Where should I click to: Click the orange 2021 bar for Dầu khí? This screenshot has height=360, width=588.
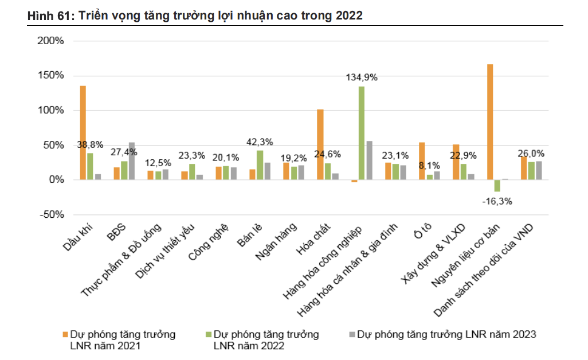pos(83,132)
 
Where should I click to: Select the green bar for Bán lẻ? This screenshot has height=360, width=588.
pos(260,165)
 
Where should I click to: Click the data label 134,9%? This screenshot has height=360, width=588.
pos(361,77)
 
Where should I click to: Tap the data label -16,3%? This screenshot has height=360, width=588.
pos(496,201)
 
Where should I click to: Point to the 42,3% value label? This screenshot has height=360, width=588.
pos(259,142)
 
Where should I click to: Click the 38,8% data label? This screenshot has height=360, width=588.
pos(89,145)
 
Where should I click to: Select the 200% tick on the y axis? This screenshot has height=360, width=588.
pos(50,41)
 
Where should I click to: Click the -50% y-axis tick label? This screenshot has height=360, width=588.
pos(51,215)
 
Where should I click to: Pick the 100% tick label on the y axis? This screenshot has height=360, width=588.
pos(50,111)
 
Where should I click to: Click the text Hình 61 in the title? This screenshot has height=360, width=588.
pos(48,16)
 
